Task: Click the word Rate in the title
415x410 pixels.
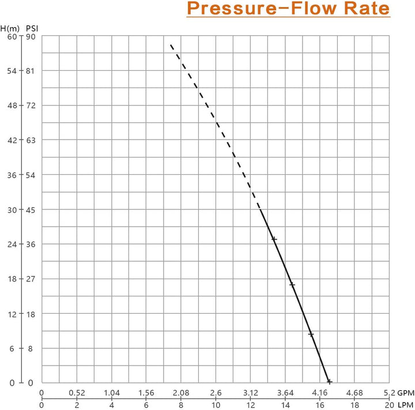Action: coord(364,10)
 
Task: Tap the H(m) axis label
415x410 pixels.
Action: coord(10,27)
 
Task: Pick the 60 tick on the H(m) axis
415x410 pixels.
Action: coord(13,36)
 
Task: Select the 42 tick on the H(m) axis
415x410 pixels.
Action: coord(13,140)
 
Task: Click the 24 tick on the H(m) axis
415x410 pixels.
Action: coord(13,244)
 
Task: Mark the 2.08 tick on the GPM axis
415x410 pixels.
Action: coord(181,393)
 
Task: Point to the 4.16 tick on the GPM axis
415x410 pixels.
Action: coord(320,393)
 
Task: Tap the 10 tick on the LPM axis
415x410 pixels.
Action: coord(216,405)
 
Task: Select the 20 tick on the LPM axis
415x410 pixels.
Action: coord(390,405)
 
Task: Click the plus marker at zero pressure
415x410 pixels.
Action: coord(329,382)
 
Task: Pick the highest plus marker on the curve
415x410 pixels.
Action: coord(274,239)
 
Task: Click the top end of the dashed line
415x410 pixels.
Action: coord(171,44)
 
